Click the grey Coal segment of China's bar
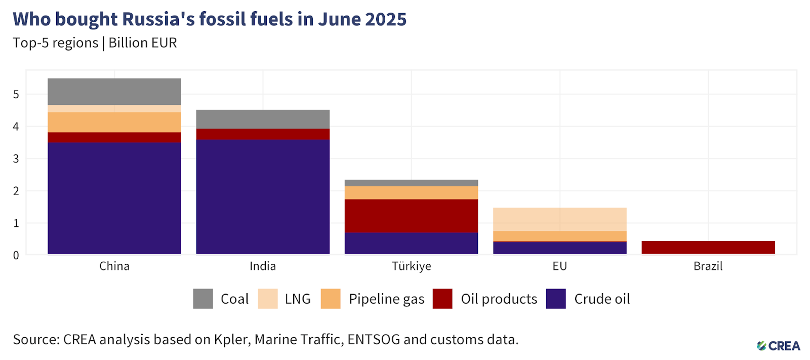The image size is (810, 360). pos(114,92)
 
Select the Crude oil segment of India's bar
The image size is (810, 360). pos(263,196)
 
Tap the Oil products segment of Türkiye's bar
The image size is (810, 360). pos(411,216)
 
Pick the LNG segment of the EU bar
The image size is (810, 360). pos(559,219)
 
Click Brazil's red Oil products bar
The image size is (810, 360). pos(708,247)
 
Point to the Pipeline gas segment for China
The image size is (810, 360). pos(114,122)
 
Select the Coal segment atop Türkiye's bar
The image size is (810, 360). pos(411,183)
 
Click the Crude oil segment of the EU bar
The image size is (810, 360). pos(559,248)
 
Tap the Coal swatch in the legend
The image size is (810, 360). pos(203,299)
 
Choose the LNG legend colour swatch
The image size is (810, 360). pos(268,299)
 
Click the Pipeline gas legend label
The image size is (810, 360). pos(386,299)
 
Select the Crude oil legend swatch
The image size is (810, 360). pos(556,299)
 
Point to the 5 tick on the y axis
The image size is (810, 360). pos(16,94)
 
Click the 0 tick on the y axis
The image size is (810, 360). pos(16,255)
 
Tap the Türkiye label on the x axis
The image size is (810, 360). pos(411,266)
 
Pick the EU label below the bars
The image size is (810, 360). pos(559,266)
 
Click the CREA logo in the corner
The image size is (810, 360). pos(779,346)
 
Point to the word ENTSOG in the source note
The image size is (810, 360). pos(374,339)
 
